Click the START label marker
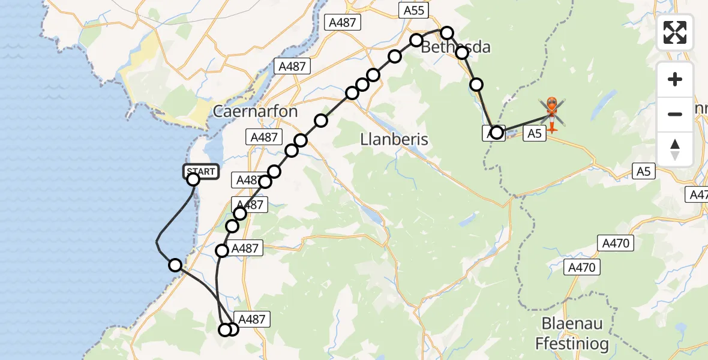click(200, 172)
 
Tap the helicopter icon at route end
click(552, 113)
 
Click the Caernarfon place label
click(255, 112)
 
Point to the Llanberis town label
click(394, 140)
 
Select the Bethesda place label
click(455, 47)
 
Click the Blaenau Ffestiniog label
click(572, 334)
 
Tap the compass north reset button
click(675, 149)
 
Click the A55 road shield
click(413, 10)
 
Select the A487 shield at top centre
click(341, 23)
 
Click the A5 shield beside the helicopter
click(535, 134)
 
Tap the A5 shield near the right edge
click(643, 172)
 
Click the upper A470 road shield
click(616, 242)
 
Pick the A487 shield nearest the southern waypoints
click(252, 319)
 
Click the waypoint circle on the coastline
click(175, 265)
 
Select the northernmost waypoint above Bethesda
click(447, 32)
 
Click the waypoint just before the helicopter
click(496, 132)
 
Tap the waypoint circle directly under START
click(193, 179)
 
